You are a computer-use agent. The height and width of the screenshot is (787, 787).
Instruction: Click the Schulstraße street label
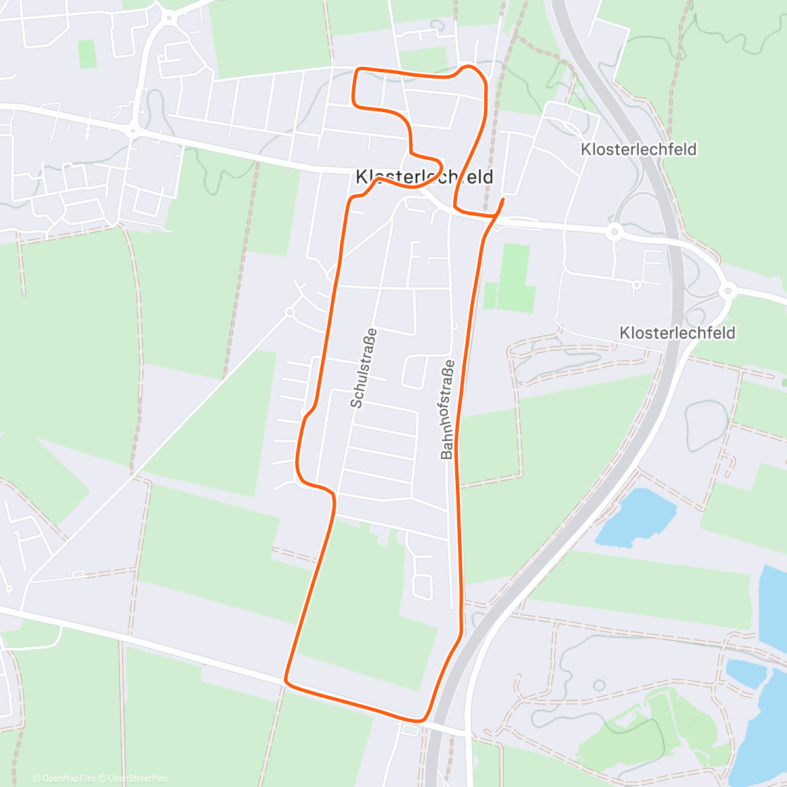pyautogui.click(x=365, y=367)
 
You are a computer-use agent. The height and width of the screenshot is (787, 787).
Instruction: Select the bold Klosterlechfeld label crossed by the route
pyautogui.click(x=424, y=177)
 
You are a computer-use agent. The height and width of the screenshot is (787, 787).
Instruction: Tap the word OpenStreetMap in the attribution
pyautogui.click(x=137, y=778)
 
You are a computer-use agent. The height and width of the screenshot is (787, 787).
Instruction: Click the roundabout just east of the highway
pyautogui.click(x=727, y=290)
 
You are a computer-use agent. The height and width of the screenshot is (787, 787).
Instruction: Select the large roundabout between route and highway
pyautogui.click(x=614, y=231)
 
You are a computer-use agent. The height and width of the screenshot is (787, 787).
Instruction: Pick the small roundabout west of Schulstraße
pyautogui.click(x=289, y=312)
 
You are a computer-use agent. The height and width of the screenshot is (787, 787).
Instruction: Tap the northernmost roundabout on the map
pyautogui.click(x=170, y=18)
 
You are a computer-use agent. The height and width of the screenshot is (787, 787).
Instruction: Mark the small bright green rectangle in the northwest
pyautogui.click(x=87, y=54)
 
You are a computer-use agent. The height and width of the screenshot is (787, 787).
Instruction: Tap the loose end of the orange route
pyautogui.click(x=503, y=199)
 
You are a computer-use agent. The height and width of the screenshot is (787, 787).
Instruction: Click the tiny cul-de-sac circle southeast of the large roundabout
pyautogui.click(x=636, y=284)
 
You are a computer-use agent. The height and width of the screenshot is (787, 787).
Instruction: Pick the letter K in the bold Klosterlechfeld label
pyautogui.click(x=363, y=177)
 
